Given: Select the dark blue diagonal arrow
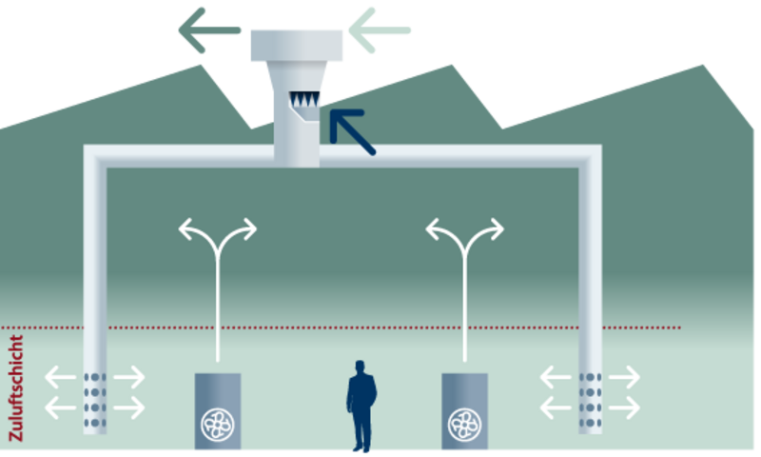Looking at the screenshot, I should coord(352,131).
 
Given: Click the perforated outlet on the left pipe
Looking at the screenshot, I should coord(94,396).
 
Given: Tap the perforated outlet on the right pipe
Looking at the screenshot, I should coord(590,396).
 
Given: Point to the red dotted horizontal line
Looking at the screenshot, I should coord(380,328).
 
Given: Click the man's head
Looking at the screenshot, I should coord(360,367).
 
